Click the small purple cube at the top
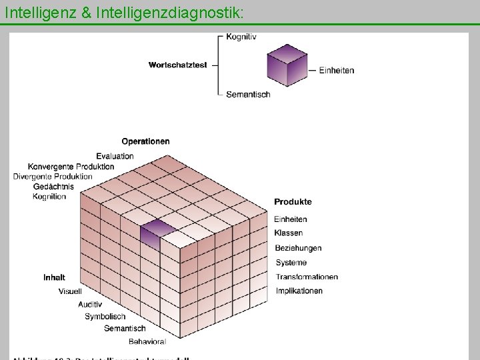tap(287, 65)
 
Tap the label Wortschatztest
tap(178, 65)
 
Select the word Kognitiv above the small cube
tap(241, 37)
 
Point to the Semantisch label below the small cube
tap(248, 95)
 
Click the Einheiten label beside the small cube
tap(337, 70)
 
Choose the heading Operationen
tap(145, 141)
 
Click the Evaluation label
tap(115, 156)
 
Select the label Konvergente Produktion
tap(71, 166)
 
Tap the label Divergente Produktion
tap(53, 176)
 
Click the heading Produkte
tap(293, 201)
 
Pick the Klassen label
tap(288, 233)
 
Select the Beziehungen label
tap(298, 248)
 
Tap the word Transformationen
tap(307, 277)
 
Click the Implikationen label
tap(299, 291)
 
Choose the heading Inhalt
tap(54, 277)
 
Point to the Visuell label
tap(70, 291)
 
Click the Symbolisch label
tap(105, 316)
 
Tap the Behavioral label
tap(147, 341)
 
